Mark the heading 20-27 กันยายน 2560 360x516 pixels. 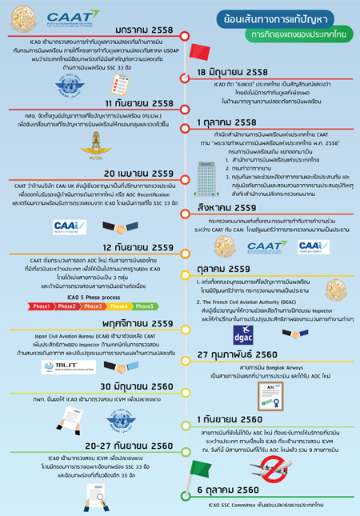(120, 446)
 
